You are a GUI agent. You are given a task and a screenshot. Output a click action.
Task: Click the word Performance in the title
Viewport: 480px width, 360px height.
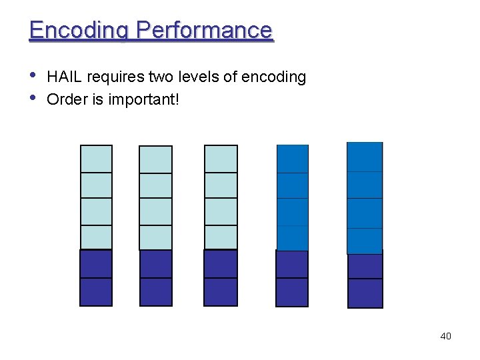205,31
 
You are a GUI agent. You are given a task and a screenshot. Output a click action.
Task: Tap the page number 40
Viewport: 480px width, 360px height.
445,336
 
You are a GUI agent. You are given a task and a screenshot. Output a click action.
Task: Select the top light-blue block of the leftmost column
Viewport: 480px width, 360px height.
96,159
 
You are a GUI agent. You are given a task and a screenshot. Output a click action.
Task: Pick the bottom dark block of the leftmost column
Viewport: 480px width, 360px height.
96,291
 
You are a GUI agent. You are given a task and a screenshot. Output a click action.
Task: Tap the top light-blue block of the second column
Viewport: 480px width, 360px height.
155,159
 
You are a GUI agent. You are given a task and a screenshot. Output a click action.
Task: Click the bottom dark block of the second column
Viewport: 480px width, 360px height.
155,291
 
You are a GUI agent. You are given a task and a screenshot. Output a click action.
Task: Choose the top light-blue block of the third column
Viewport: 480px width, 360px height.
221,159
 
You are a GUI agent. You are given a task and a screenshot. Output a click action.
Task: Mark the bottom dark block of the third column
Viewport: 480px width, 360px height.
221,291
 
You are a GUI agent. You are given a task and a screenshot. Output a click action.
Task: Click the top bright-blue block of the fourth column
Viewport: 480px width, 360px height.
293,159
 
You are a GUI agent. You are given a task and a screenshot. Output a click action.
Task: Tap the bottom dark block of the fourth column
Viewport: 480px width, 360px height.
292,292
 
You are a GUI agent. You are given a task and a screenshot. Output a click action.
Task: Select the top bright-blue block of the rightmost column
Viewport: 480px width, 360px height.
365,157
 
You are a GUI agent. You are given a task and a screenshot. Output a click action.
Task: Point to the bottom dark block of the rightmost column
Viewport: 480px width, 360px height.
365,293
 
